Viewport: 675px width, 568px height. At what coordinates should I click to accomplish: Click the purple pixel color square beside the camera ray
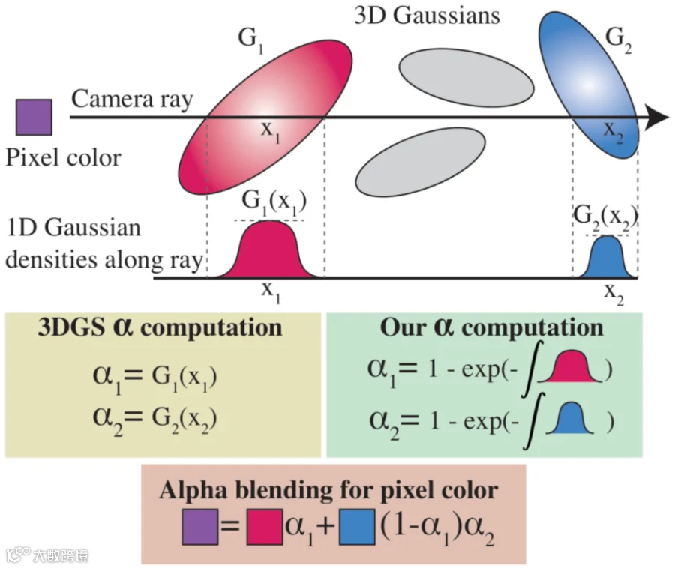(x=34, y=118)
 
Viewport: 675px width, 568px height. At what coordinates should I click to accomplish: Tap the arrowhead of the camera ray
(x=657, y=117)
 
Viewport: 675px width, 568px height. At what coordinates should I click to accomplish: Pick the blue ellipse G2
(x=589, y=85)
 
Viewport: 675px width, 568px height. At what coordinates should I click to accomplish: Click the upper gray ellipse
(x=466, y=78)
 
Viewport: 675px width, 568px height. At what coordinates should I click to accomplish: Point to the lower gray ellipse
(x=421, y=163)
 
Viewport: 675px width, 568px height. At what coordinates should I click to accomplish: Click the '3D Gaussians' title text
(x=427, y=16)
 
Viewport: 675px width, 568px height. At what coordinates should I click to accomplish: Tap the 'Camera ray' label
(x=132, y=100)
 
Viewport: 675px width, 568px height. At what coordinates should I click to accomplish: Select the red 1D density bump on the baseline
(x=268, y=250)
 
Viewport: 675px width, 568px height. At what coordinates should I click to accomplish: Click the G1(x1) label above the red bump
(x=274, y=203)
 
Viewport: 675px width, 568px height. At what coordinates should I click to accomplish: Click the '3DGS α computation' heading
(x=160, y=328)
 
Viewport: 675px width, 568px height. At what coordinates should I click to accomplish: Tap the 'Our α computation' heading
(x=491, y=328)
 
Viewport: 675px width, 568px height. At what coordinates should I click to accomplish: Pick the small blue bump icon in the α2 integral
(x=570, y=417)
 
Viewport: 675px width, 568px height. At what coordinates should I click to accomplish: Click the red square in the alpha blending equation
(x=264, y=527)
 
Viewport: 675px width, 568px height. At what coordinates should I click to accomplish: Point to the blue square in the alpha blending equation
(x=357, y=527)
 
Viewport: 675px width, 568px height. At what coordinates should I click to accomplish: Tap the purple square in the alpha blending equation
(x=200, y=527)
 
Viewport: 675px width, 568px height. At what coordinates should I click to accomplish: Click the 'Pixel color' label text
(x=63, y=158)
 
